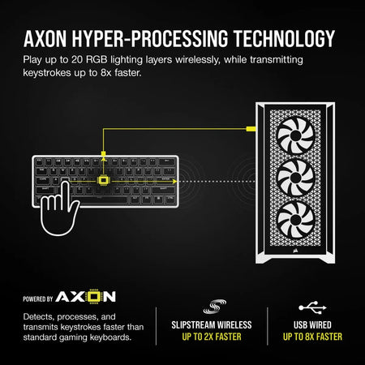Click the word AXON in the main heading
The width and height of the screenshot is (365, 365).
pyautogui.click(x=45, y=39)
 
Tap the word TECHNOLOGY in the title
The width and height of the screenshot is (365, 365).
pyautogui.click(x=284, y=39)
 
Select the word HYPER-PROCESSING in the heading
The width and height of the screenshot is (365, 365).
pyautogui.click(x=150, y=39)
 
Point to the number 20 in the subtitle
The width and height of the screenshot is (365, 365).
pyautogui.click(x=77, y=60)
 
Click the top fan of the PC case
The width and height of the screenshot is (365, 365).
pyautogui.click(x=296, y=135)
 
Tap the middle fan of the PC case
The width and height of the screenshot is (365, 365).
pyautogui.click(x=296, y=178)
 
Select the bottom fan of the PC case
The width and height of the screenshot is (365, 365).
pyautogui.click(x=296, y=220)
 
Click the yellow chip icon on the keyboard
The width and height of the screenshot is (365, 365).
pyautogui.click(x=103, y=180)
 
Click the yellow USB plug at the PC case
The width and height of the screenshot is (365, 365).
pyautogui.click(x=251, y=129)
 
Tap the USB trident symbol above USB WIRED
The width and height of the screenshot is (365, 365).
pyautogui.click(x=312, y=307)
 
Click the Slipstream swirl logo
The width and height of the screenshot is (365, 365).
pyautogui.click(x=215, y=307)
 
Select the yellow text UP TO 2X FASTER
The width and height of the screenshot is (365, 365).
pyautogui.click(x=212, y=337)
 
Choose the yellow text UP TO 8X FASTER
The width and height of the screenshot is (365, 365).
pyautogui.click(x=312, y=337)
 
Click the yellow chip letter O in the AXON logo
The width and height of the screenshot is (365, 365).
pyautogui.click(x=93, y=296)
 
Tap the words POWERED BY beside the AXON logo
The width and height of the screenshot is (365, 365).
pyautogui.click(x=38, y=299)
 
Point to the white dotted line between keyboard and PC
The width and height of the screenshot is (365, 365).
pyautogui.click(x=217, y=182)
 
